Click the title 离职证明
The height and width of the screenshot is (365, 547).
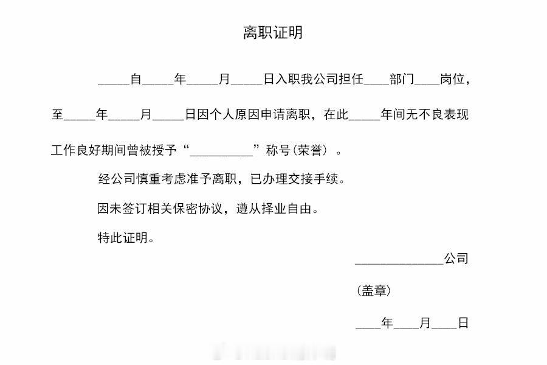click(x=273, y=33)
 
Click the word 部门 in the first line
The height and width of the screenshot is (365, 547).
click(x=402, y=79)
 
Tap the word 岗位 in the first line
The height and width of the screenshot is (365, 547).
click(x=453, y=79)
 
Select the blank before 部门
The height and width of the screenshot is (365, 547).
click(x=377, y=82)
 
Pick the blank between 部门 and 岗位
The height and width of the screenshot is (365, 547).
click(x=427, y=82)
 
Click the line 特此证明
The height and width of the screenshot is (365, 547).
click(x=126, y=238)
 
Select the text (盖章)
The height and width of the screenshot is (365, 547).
click(x=374, y=291)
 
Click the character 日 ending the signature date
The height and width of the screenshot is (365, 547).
click(x=463, y=323)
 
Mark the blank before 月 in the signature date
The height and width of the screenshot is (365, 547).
click(x=407, y=325)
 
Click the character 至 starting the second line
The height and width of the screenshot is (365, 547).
click(x=57, y=114)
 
